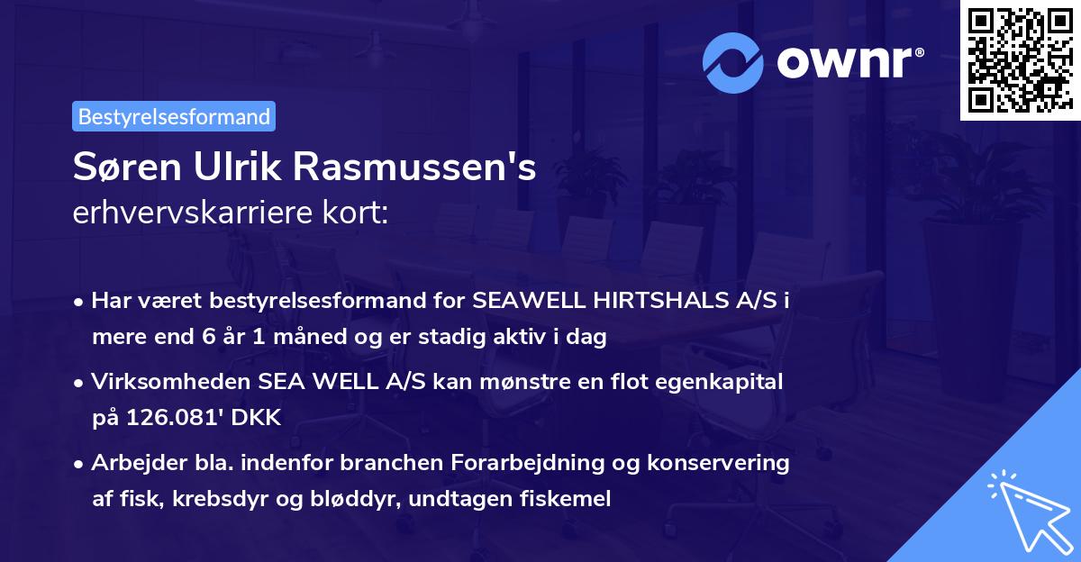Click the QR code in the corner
click(x=1020, y=60)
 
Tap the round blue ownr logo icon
click(x=732, y=63)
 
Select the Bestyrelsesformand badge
click(x=174, y=116)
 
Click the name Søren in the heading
click(x=123, y=168)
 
